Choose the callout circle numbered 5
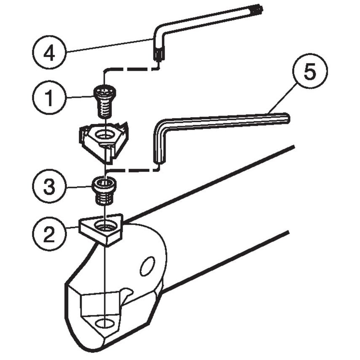310,73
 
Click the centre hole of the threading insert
102,136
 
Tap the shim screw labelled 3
103,190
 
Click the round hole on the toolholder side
147,266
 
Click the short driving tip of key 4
158,55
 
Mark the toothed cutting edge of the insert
122,127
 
